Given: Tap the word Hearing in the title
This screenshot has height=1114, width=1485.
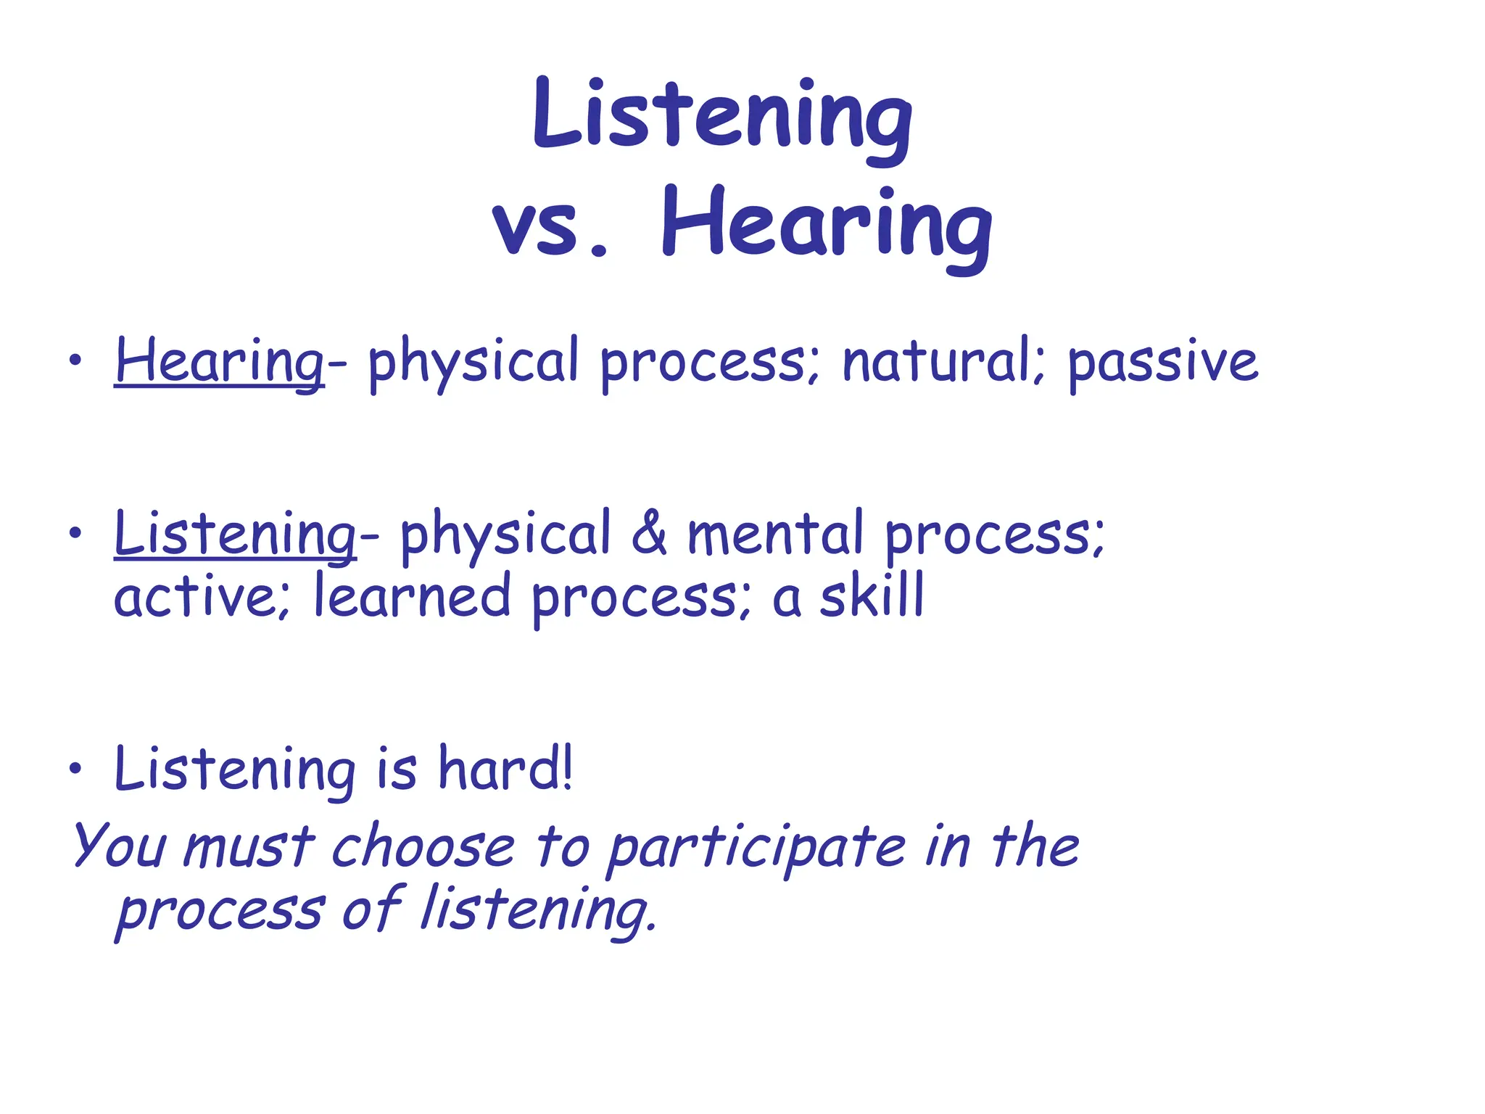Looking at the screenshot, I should (827, 225).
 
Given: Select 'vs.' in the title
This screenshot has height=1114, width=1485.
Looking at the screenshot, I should (551, 228).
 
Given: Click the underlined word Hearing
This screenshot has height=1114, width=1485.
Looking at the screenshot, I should (219, 363).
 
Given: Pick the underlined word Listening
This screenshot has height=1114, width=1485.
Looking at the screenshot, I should (235, 535).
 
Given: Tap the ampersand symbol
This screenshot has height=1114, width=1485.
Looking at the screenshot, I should (649, 534).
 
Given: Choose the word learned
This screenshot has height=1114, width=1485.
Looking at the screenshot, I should (413, 596).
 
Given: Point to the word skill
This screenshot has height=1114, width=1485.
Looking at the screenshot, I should (872, 596).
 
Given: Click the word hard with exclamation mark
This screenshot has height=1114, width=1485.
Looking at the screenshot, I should (506, 769).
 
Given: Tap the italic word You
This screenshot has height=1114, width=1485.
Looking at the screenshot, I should (120, 846).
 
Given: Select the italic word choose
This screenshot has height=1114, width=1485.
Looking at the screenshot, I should (423, 847).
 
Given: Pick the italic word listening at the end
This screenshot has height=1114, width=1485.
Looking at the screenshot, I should (538, 911).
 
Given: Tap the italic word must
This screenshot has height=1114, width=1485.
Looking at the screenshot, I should (248, 847).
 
